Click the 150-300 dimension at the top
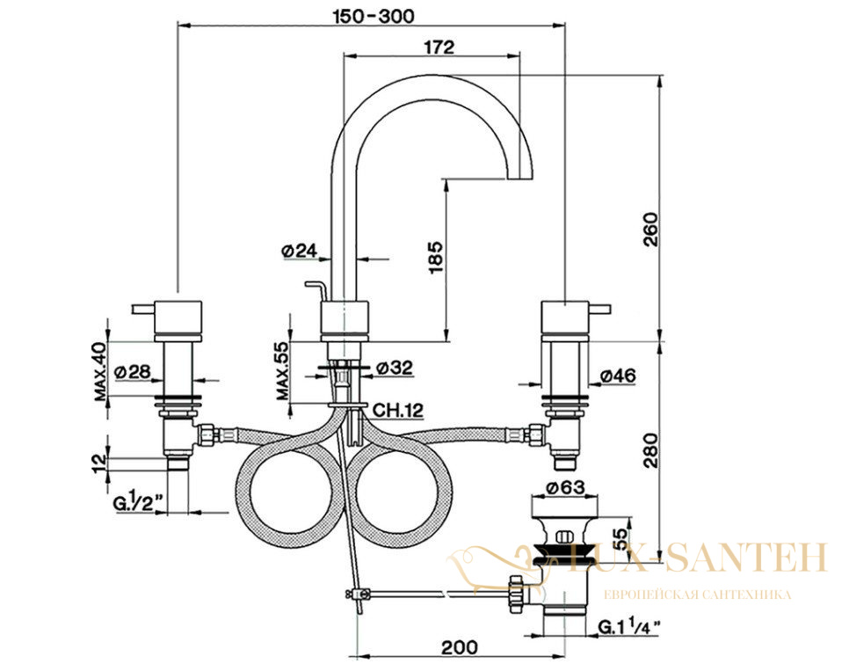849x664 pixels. coord(373,16)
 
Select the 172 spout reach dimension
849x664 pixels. coord(439,47)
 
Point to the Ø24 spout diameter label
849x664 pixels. coord(299,251)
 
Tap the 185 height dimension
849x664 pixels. coord(436,257)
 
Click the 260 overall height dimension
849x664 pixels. coord(650,230)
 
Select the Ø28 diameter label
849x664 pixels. coord(132,372)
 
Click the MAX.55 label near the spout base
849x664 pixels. coord(283,372)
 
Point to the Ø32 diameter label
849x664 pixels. coord(395,368)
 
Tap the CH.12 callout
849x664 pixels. coord(397,410)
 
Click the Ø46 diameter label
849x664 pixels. coord(619,375)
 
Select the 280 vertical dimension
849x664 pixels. coord(650,450)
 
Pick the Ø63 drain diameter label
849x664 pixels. coord(565,488)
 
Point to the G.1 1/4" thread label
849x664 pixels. coord(629,627)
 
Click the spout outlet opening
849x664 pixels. coord(519,179)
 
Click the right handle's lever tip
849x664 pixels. coord(608,310)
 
